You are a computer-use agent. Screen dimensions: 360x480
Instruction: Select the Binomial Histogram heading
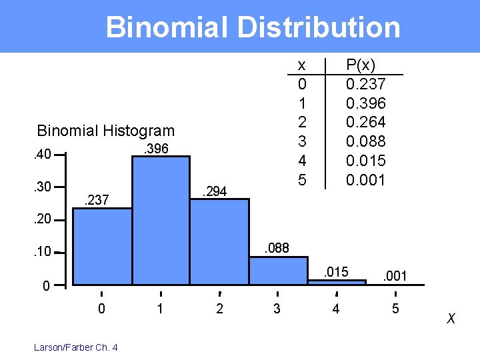tap(105, 131)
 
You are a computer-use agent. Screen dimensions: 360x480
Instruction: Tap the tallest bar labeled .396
tap(161, 220)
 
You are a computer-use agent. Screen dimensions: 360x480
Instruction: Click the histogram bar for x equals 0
tap(103, 247)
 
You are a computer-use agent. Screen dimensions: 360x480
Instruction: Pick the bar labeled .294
tap(219, 240)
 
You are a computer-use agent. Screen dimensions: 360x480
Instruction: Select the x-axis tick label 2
tap(219, 309)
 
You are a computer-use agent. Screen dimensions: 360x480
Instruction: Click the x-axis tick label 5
tap(395, 309)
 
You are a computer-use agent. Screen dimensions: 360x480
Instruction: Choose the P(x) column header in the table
tap(361, 65)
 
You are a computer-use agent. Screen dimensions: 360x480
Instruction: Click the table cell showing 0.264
tap(365, 123)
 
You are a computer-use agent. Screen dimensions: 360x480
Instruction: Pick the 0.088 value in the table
tap(365, 141)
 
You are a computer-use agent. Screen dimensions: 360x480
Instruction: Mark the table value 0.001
tap(365, 180)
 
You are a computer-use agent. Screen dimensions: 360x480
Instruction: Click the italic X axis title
tap(451, 319)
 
